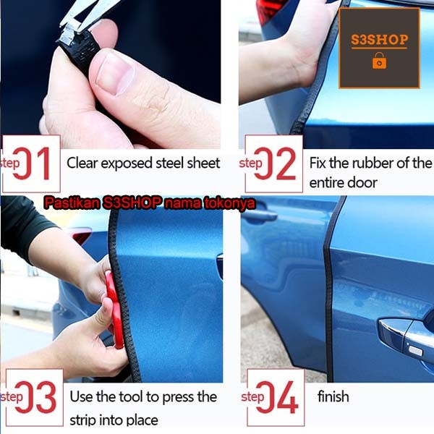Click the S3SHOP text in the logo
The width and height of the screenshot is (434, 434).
379,40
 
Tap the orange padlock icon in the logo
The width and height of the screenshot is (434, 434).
379,61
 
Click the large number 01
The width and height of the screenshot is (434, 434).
32,163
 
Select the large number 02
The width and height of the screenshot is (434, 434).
275,163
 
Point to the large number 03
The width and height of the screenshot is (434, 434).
35,397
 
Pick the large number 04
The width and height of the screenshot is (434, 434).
277,397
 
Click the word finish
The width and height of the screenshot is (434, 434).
333,396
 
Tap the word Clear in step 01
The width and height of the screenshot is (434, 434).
82,163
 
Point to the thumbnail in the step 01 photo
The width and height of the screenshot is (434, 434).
116,73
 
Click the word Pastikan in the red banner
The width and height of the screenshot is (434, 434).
72,203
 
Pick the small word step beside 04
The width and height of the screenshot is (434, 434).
252,397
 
